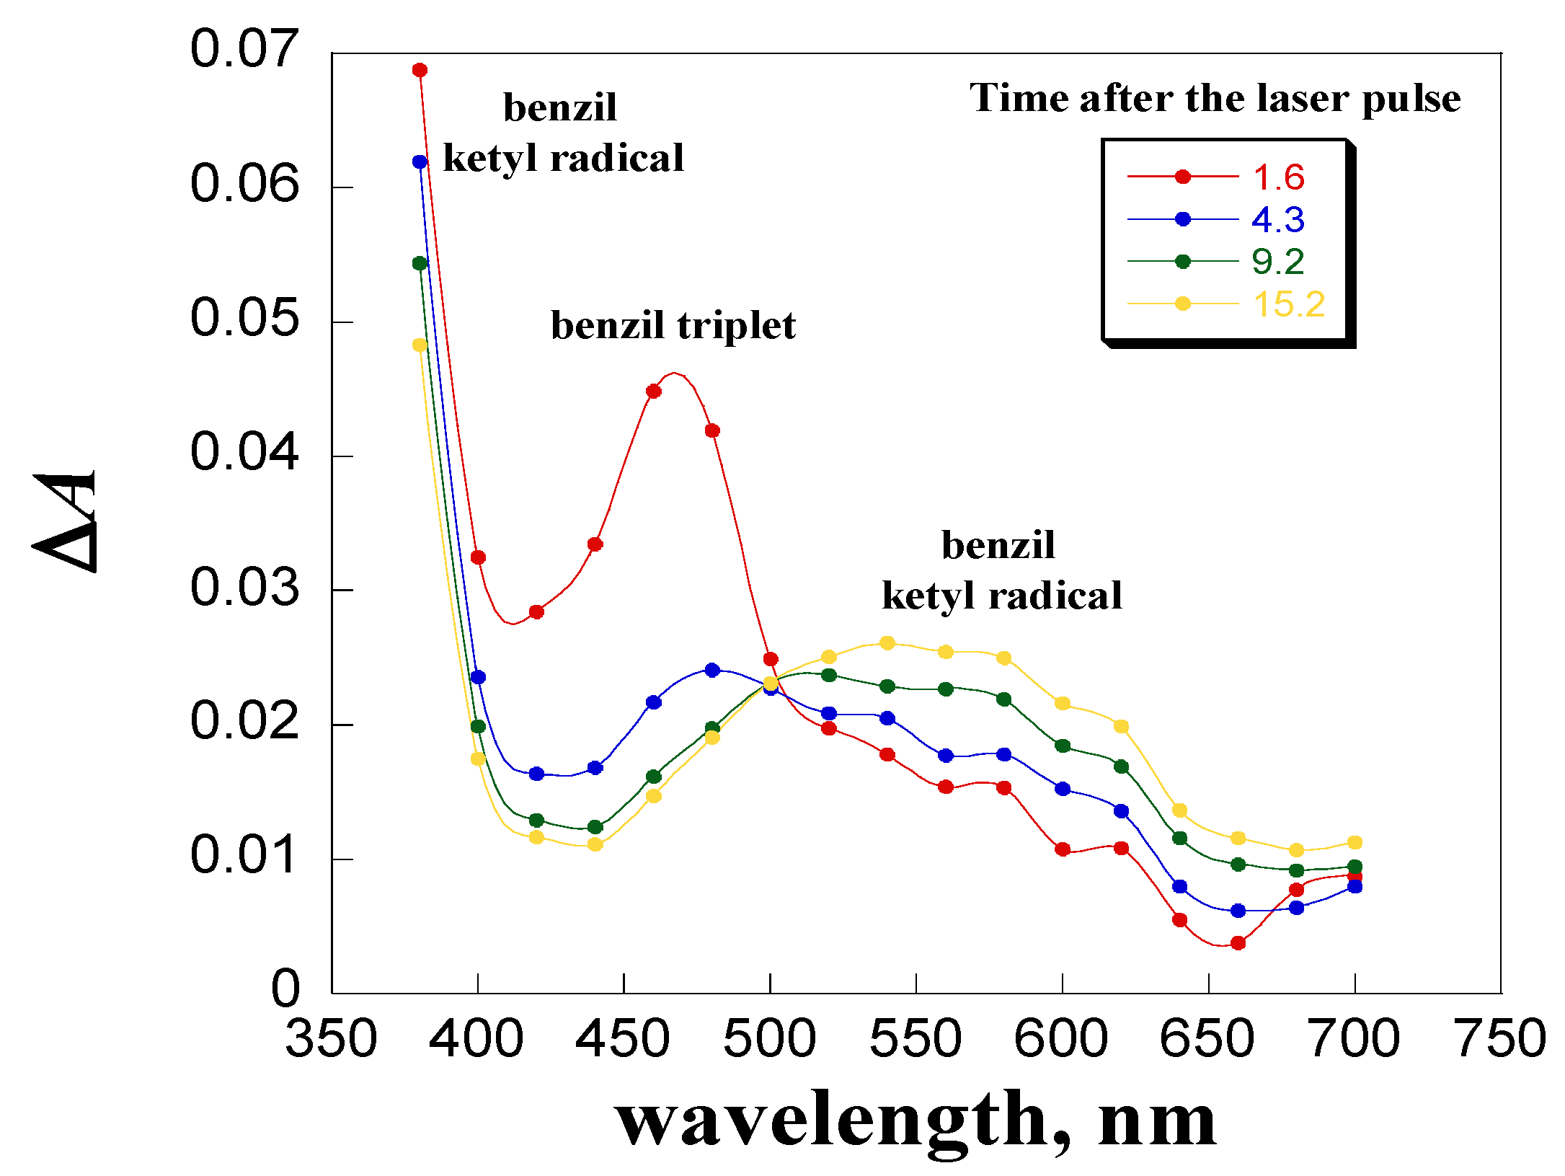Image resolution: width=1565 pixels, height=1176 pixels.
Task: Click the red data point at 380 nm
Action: click(420, 70)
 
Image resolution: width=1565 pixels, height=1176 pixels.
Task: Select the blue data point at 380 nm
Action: click(420, 162)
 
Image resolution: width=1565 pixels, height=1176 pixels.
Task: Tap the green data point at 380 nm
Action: click(420, 263)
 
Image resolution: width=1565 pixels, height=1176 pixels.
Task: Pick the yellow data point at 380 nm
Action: click(420, 345)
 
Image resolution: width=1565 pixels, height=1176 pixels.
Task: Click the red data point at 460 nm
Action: click(654, 391)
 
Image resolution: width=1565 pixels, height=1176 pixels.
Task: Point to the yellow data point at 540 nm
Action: click(887, 642)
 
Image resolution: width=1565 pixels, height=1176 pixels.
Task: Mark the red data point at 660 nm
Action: click(1238, 942)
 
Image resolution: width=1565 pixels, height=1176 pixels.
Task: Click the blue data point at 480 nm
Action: click(712, 670)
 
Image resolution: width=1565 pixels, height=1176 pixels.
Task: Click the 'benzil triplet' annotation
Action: click(673, 325)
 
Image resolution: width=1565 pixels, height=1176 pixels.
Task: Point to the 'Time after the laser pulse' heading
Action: click(1215, 98)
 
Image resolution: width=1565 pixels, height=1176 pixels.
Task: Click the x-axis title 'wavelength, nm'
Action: click(915, 1119)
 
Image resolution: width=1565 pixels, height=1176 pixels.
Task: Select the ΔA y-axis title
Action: click(65, 521)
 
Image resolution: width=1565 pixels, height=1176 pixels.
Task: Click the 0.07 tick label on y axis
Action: click(244, 49)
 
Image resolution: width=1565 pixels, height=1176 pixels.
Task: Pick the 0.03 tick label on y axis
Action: click(244, 587)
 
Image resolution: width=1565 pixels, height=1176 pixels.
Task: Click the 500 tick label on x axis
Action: click(769, 1038)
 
